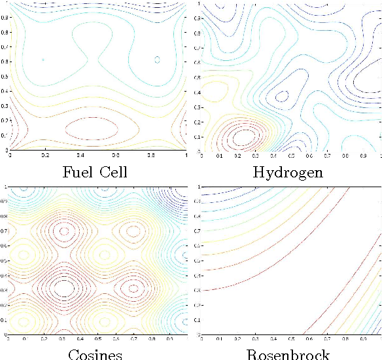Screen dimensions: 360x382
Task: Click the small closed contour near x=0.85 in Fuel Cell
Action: coord(157,60)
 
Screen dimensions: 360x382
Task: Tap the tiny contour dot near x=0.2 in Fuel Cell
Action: coord(44,60)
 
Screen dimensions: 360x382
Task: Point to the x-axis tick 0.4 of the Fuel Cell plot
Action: coord(80,156)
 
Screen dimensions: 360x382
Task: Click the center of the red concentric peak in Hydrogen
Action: coord(243,136)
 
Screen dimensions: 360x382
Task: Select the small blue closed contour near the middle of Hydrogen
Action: coord(283,96)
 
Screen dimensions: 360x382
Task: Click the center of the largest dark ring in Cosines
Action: coord(63,286)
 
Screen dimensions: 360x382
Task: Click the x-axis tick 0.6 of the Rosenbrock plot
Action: coord(308,340)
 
